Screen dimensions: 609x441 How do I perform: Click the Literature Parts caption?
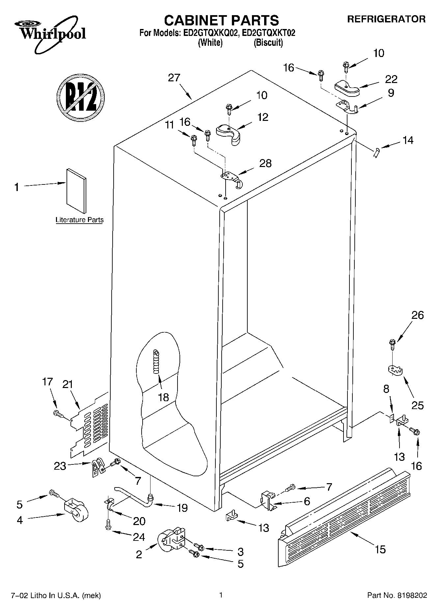point(79,220)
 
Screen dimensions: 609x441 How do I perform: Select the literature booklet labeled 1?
point(76,191)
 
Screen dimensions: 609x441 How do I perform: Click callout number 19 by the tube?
point(182,508)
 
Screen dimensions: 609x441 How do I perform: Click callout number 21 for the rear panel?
point(68,384)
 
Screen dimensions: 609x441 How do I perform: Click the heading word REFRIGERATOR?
point(386,19)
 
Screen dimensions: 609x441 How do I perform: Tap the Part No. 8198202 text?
point(397,595)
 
